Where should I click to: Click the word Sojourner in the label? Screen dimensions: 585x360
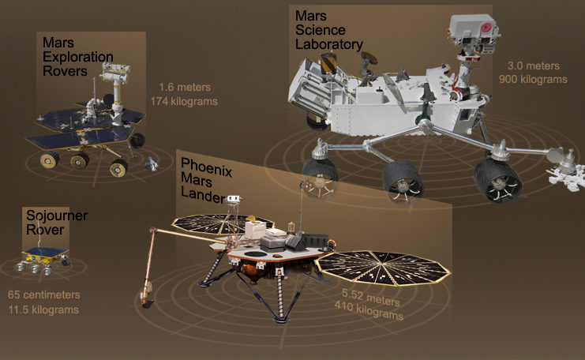click(x=57, y=216)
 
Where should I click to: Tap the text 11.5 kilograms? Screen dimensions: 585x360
click(x=43, y=310)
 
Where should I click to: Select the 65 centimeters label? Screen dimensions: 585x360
click(x=44, y=294)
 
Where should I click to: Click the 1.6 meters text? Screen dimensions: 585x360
click(x=185, y=88)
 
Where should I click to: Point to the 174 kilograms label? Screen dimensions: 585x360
click(x=184, y=102)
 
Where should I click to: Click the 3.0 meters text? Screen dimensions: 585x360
click(x=533, y=66)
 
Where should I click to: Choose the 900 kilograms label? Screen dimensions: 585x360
click(x=533, y=80)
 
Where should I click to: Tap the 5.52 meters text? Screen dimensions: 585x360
click(x=371, y=298)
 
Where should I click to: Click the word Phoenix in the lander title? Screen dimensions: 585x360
click(x=206, y=167)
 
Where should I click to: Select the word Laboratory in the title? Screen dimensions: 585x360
click(x=329, y=44)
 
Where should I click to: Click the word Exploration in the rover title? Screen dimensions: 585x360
click(x=78, y=57)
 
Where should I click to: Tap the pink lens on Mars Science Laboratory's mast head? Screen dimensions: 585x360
click(x=486, y=28)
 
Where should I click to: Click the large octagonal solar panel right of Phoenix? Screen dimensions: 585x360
click(x=382, y=268)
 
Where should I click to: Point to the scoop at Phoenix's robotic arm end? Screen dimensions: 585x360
click(x=146, y=302)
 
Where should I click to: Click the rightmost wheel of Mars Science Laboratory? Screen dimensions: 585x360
click(x=497, y=181)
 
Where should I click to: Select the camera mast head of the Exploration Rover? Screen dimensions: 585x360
click(x=116, y=73)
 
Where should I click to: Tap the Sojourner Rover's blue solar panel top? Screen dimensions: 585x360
click(x=46, y=251)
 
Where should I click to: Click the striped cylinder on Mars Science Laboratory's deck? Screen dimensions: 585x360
click(x=328, y=63)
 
